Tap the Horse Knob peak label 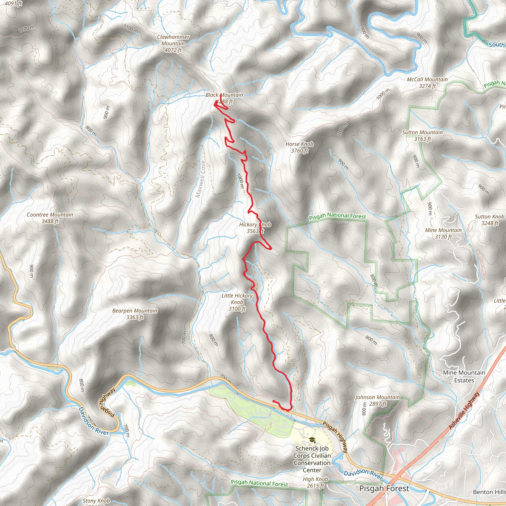point(299,144)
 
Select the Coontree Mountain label point(50,218)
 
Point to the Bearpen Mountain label point(135,314)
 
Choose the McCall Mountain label point(427,83)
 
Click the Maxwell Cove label point(200,179)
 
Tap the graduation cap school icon point(312,440)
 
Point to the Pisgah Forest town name point(384,488)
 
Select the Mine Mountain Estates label point(464,376)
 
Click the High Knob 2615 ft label point(315,482)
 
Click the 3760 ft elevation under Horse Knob point(299,151)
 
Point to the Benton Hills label point(489,492)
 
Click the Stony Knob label point(96,501)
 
